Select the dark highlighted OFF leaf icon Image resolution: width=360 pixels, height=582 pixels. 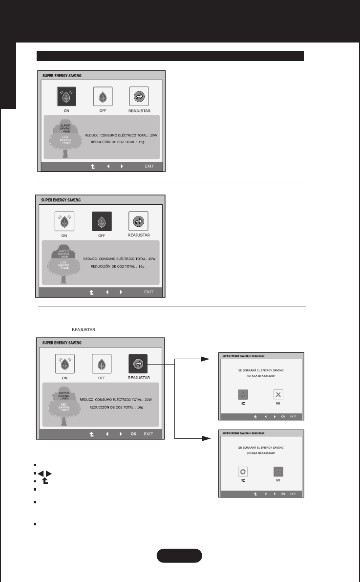click(102, 221)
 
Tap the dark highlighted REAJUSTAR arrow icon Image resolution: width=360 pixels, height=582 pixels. click(138, 364)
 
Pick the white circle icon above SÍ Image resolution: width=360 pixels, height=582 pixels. click(243, 472)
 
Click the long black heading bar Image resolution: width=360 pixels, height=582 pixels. click(171, 56)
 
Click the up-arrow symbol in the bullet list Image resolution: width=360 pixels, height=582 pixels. click(45, 481)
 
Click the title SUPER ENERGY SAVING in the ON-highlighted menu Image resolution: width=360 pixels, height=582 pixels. click(62, 75)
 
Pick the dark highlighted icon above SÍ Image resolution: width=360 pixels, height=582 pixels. click(243, 395)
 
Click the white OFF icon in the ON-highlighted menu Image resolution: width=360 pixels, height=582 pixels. click(102, 96)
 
